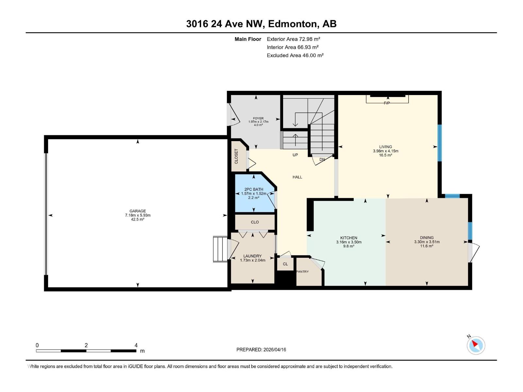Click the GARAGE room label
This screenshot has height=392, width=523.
pos(137,211)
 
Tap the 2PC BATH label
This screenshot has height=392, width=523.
pos(254,189)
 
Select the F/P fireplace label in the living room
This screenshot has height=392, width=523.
pos(387,103)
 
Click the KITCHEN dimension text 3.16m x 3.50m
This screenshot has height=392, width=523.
pos(349,242)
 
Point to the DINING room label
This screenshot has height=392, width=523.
pos(427,237)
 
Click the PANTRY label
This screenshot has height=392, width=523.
pos(302,271)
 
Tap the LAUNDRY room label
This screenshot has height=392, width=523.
pos(252,256)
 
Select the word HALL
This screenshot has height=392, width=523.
pos(297,177)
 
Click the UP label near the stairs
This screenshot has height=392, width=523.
pos(295,155)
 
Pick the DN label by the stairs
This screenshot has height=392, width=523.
pos(322,159)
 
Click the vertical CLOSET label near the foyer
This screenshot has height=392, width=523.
pos(236,156)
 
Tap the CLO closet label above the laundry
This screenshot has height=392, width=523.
pos(255,222)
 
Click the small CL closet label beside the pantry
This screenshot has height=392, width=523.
pos(285,264)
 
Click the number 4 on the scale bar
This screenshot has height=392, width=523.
pos(136,345)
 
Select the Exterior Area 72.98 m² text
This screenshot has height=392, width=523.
pos(293,39)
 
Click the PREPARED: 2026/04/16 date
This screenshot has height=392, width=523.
pos(261,350)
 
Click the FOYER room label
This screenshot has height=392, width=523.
pos(258,118)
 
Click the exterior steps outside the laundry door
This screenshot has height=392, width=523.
pos(220,249)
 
